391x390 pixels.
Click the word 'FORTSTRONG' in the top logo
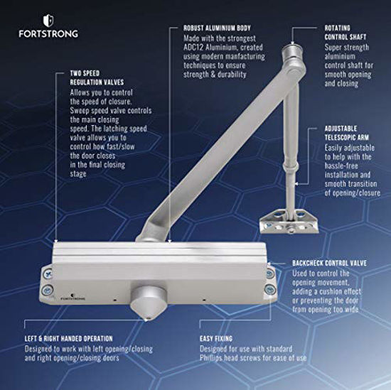coord(48,33)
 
